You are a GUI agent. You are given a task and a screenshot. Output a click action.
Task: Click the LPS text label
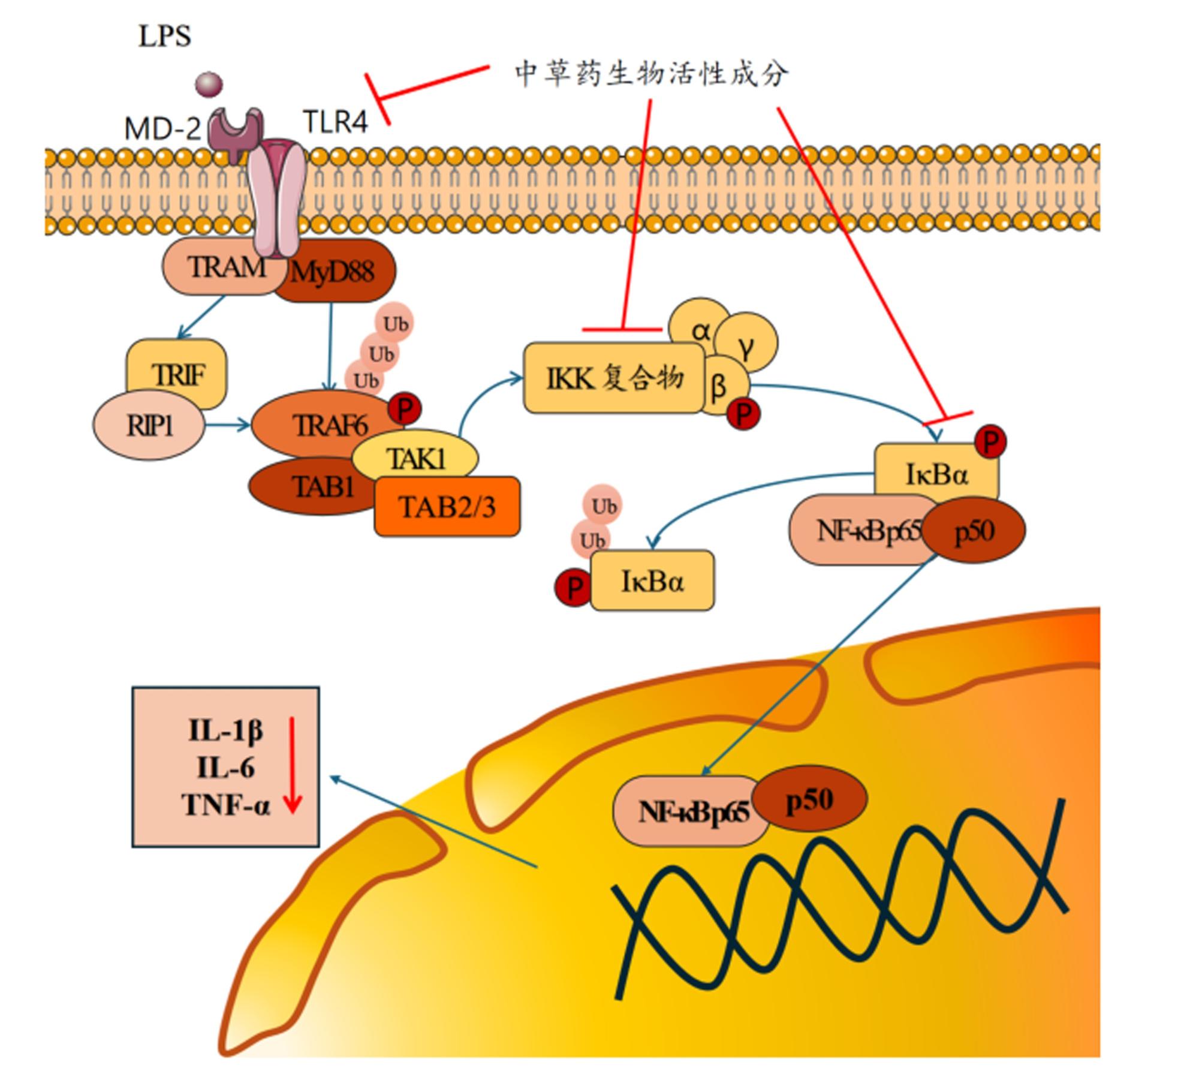[x=165, y=36]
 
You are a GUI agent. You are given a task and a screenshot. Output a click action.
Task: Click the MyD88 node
[x=333, y=272]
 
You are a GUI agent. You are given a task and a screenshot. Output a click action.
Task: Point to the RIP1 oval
[x=149, y=426]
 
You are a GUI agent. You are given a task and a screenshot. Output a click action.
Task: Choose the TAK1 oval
[x=415, y=459]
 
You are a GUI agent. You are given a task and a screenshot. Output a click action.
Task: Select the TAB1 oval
[x=322, y=486]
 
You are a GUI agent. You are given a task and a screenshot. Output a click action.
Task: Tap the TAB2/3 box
[x=447, y=507]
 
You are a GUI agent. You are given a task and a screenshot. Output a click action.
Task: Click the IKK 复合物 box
[x=614, y=378]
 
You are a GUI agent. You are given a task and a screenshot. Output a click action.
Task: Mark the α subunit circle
[x=700, y=329]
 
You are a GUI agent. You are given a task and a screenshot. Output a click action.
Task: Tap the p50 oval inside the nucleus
[x=809, y=800]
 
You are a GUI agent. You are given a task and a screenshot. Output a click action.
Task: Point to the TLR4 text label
[x=336, y=122]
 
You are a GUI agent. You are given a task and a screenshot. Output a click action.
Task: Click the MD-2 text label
[x=162, y=128]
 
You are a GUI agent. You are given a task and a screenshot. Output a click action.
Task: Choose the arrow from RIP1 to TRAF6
[x=228, y=426]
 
